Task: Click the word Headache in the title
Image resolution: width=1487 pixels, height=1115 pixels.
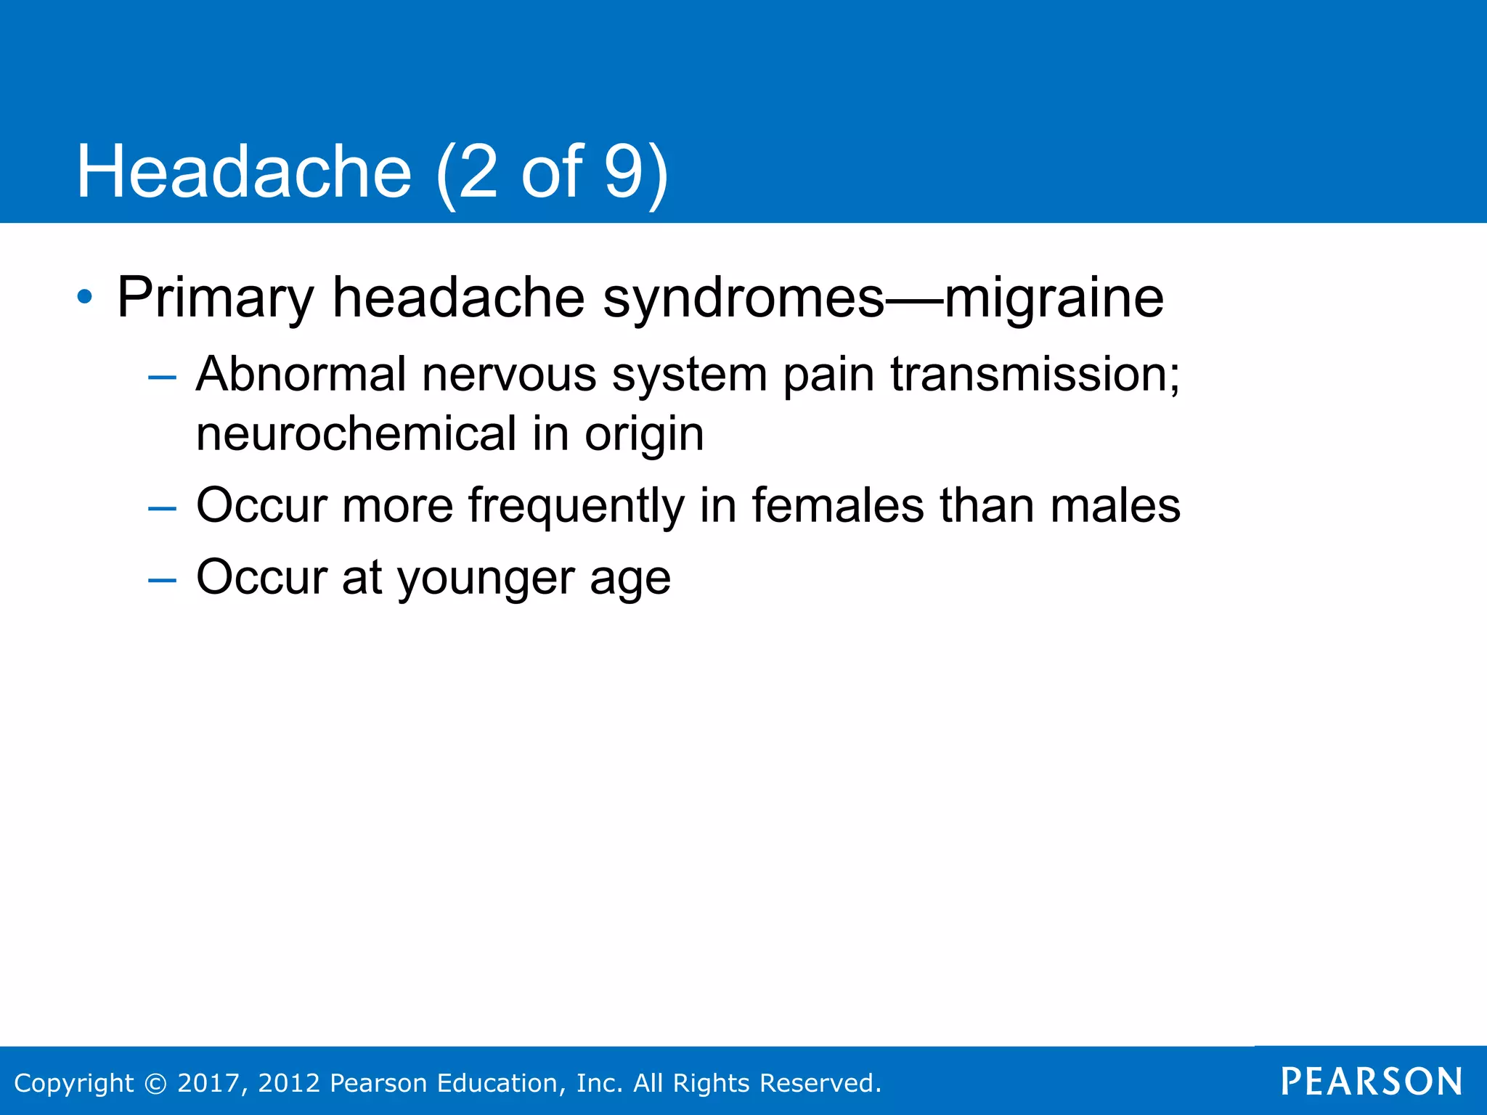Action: tap(244, 171)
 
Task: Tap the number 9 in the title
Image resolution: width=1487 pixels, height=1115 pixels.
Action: tap(624, 171)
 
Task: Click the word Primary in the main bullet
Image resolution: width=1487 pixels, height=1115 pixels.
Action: tap(215, 298)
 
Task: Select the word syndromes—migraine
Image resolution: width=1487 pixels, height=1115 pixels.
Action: tap(883, 298)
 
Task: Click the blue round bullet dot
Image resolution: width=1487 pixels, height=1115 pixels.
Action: tap(85, 297)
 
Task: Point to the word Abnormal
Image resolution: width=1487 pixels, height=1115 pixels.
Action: tap(301, 375)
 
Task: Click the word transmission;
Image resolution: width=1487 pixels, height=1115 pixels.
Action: tap(1035, 375)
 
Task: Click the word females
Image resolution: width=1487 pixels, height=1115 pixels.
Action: tap(838, 505)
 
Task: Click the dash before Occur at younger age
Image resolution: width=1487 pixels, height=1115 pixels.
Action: tap(161, 579)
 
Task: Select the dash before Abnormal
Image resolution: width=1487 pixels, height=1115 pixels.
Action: tap(161, 377)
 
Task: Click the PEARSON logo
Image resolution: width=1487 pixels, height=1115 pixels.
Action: tap(1372, 1082)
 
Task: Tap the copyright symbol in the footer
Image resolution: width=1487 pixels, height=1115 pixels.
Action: tap(155, 1083)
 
